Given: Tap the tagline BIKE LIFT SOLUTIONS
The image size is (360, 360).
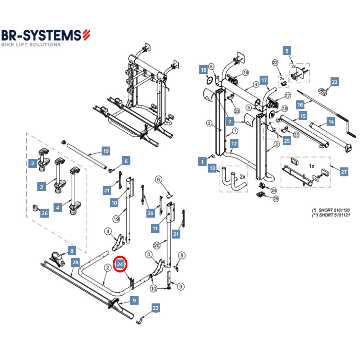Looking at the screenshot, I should click(31, 45).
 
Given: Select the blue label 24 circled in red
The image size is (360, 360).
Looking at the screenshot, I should click(121, 265).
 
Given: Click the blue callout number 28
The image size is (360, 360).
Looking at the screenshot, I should click(75, 262).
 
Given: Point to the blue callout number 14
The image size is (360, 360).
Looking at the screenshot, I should click(330, 122).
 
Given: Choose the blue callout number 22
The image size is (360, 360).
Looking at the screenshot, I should click(335, 82).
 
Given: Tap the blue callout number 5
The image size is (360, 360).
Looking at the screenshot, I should click(287, 51).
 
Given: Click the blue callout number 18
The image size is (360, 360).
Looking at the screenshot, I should click(203, 69).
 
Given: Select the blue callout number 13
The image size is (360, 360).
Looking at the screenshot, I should click(212, 168).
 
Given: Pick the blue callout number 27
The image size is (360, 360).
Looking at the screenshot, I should click(344, 172).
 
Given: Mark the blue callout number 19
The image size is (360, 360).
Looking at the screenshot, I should click(105, 151).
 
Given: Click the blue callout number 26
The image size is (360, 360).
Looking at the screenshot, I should click(44, 213).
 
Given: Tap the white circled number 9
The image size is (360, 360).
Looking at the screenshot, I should click(181, 287).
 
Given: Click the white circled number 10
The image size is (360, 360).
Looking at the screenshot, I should click(154, 288).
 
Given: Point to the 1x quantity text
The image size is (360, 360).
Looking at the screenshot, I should click(312, 166).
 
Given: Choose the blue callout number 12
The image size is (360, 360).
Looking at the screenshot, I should click(234, 144).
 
